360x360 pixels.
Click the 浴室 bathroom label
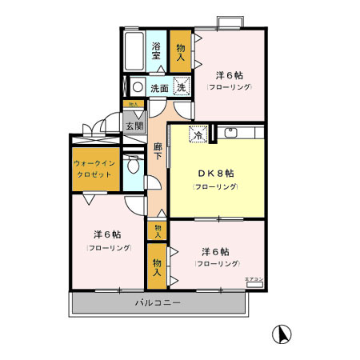pyautogui.click(x=157, y=52)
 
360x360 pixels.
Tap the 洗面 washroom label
pyautogui.click(x=159, y=88)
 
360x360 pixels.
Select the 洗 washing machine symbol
pyautogui.click(x=182, y=87)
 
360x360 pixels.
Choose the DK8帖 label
pyautogui.click(x=215, y=173)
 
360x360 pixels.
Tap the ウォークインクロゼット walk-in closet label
pyautogui.click(x=96, y=167)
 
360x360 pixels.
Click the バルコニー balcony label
pyautogui.click(x=157, y=303)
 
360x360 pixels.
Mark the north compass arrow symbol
pyautogui.click(x=281, y=334)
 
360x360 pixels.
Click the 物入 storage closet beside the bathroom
pyautogui.click(x=181, y=53)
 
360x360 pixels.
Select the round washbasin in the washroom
pyautogui.click(x=138, y=88)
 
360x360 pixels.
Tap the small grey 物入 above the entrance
pyautogui.click(x=134, y=105)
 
